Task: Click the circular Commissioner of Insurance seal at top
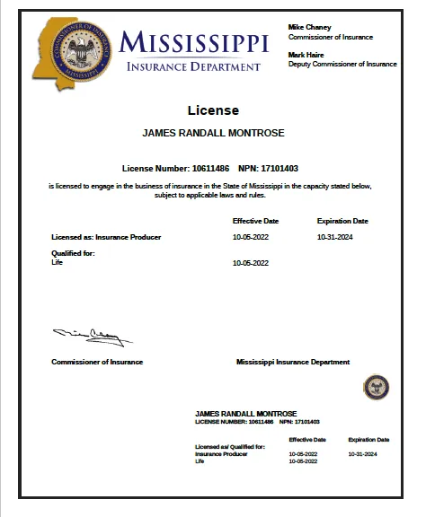click(x=76, y=50)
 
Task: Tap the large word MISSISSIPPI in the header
click(x=193, y=42)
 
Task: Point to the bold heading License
click(x=213, y=110)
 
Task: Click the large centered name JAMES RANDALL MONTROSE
click(x=213, y=133)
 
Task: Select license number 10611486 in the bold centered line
click(x=210, y=168)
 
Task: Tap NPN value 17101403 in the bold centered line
click(x=281, y=168)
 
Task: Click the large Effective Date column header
click(x=255, y=220)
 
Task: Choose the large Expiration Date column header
click(x=342, y=220)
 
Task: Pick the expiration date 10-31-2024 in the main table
click(x=338, y=237)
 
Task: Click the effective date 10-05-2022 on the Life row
click(x=251, y=263)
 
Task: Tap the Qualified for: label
click(x=74, y=254)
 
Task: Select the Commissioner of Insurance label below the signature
click(x=97, y=362)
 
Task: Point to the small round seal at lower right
click(x=376, y=387)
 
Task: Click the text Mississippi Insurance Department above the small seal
click(x=293, y=362)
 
